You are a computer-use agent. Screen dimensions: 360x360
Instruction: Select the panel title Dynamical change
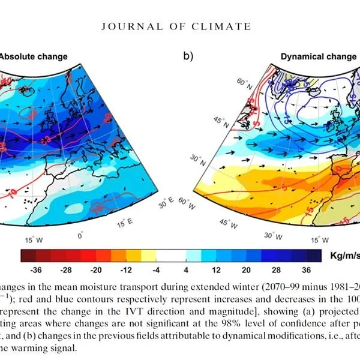pos(318,57)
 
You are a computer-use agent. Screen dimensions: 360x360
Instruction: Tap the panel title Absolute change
pos(33,57)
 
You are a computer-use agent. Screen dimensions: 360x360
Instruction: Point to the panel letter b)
pos(188,58)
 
